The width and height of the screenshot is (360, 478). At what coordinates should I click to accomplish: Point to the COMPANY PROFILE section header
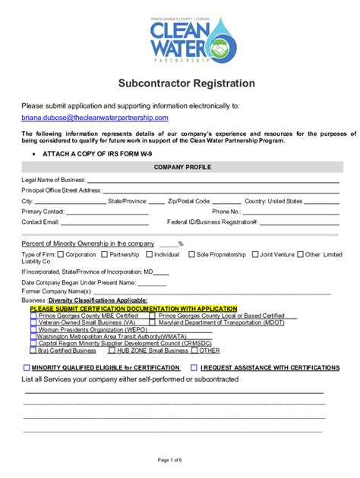182,167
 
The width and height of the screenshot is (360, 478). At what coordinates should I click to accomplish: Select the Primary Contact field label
43,212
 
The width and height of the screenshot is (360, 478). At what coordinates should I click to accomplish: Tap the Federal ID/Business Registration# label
213,222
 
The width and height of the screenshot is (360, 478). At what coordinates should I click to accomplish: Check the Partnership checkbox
104,254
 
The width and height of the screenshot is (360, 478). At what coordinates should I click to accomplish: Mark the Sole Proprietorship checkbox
191,254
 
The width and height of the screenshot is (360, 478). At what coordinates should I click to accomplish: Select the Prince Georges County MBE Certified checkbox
33,316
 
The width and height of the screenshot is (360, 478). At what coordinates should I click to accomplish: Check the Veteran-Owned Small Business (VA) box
33,322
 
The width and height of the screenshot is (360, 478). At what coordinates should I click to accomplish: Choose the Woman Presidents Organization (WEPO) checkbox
33,330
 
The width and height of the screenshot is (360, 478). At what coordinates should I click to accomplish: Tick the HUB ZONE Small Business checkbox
111,351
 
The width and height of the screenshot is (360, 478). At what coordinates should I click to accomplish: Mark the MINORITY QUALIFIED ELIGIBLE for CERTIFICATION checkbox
26,367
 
